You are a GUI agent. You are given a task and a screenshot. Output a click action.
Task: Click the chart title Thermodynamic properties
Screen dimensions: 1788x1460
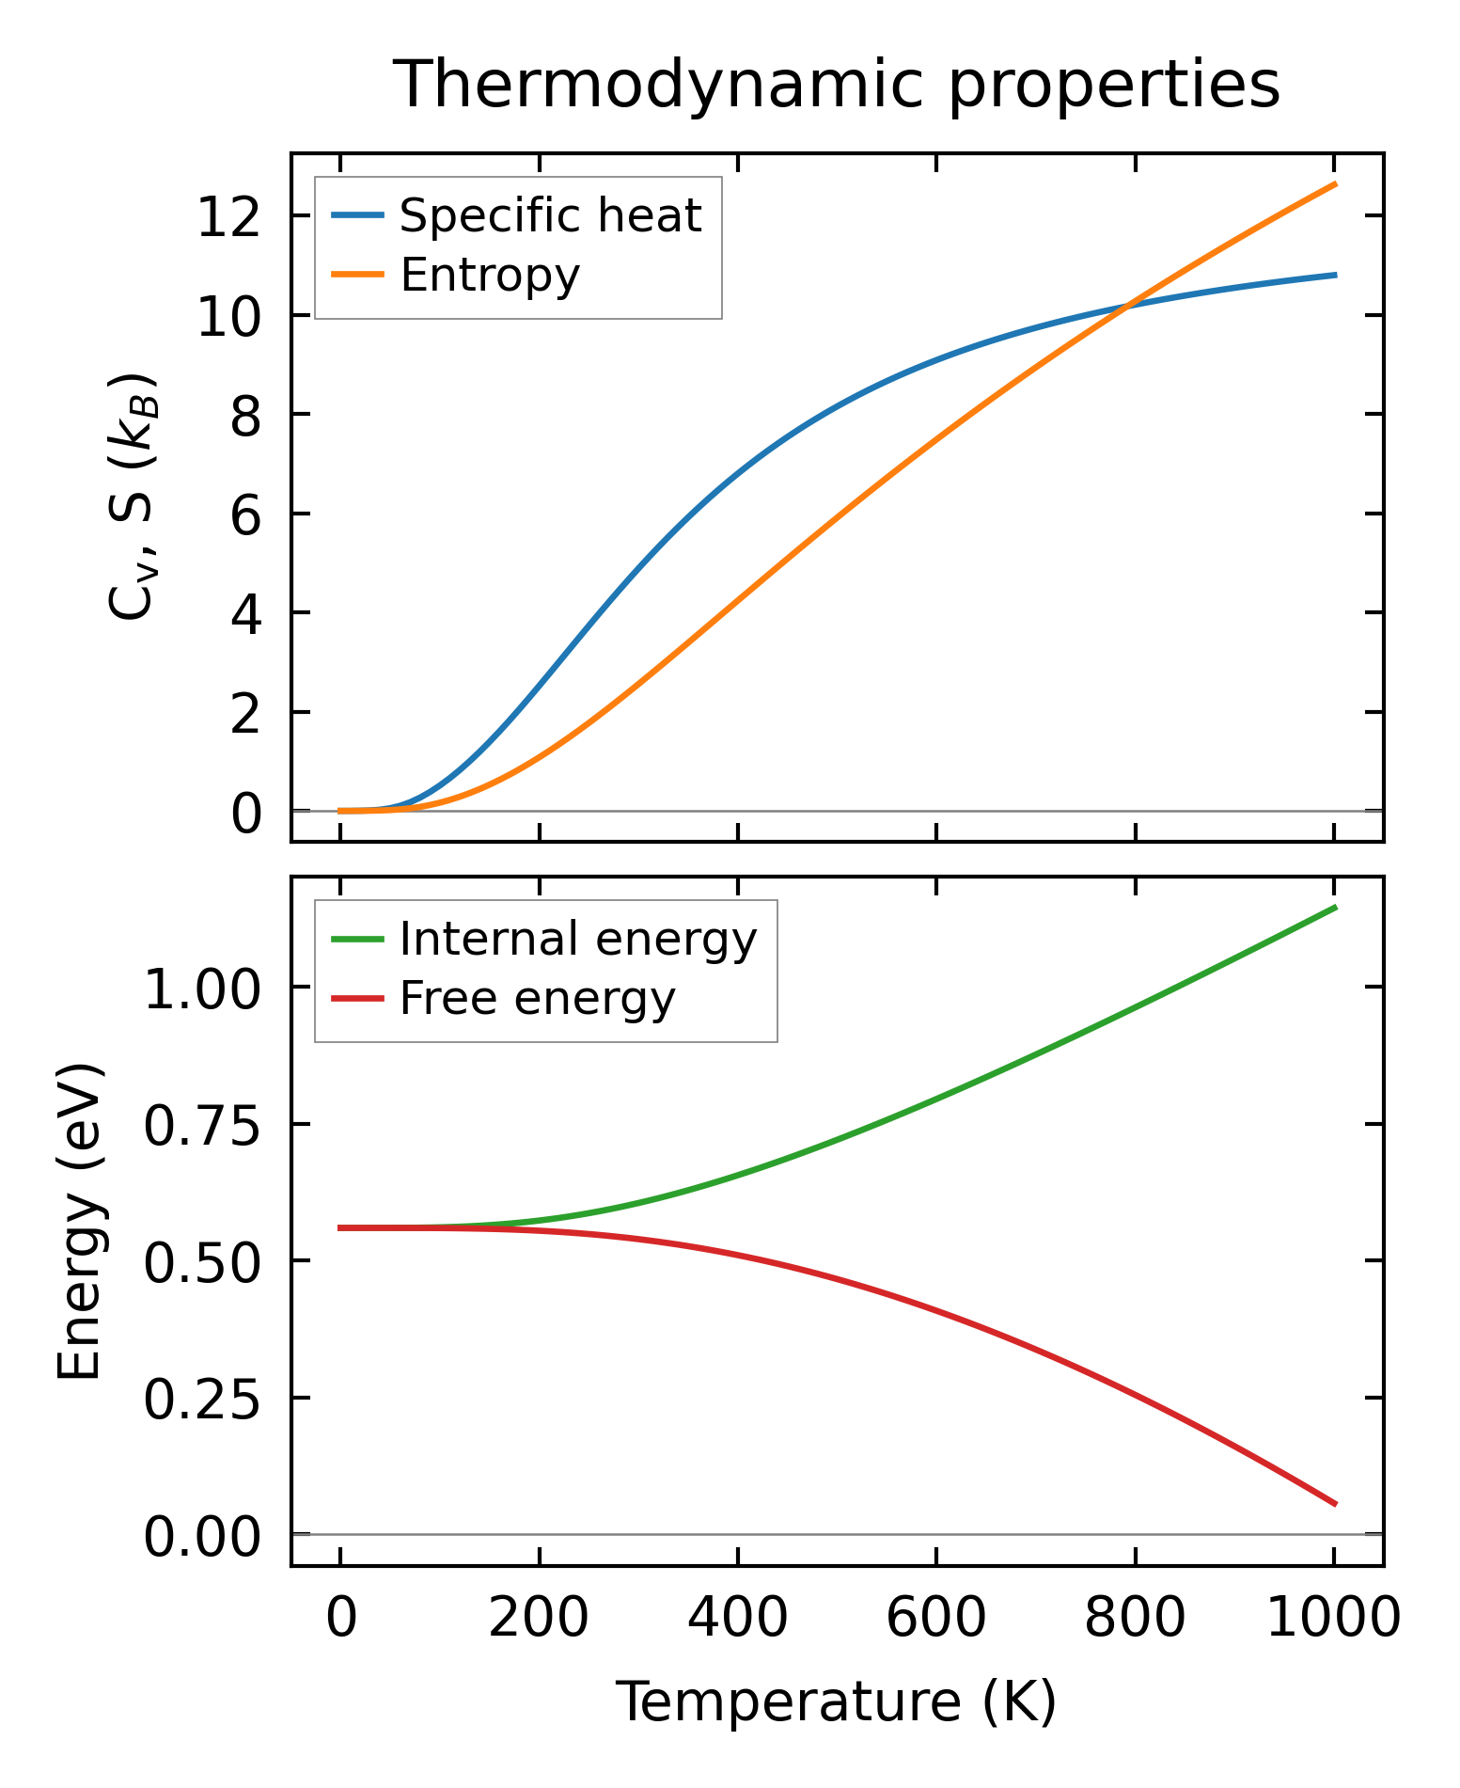click(836, 85)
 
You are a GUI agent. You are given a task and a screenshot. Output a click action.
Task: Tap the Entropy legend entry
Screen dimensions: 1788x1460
click(490, 275)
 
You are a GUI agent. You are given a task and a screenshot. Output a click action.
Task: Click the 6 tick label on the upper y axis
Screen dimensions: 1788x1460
click(245, 514)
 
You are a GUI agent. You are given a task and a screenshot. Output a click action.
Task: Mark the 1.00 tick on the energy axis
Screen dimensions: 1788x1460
click(201, 989)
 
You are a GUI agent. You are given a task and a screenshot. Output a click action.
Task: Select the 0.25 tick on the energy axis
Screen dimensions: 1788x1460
click(201, 1399)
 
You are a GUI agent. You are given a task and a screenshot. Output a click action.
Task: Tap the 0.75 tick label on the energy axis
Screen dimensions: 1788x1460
click(201, 1125)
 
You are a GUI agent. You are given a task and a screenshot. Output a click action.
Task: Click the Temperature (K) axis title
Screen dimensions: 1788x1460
click(836, 1702)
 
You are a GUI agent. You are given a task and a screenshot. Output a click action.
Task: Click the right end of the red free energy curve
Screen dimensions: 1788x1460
click(1335, 1504)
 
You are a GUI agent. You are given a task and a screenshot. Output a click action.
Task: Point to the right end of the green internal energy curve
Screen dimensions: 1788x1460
click(1335, 907)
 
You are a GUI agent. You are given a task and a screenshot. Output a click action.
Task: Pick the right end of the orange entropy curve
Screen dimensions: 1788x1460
click(1335, 184)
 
